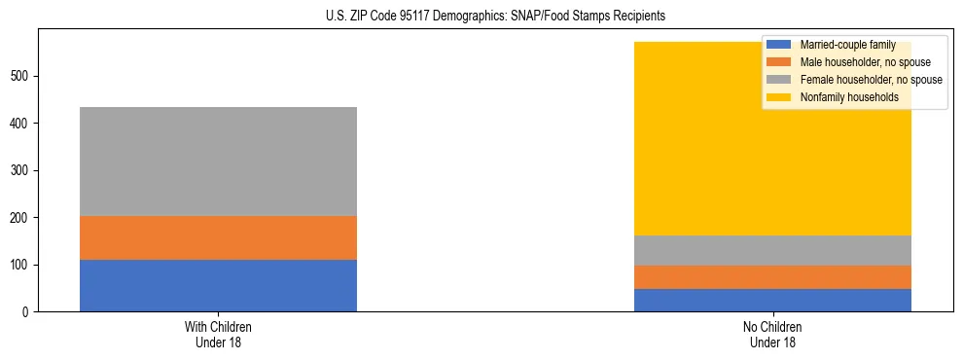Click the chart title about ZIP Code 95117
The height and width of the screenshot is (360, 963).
[481, 16]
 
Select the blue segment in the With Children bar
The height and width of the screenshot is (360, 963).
[218, 285]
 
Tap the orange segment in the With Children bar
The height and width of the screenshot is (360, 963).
[218, 237]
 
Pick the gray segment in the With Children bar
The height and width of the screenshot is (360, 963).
[218, 162]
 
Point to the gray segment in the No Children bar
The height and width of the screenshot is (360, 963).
[772, 250]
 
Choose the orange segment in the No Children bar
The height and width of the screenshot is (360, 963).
[772, 277]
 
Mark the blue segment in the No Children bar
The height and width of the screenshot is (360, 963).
[772, 300]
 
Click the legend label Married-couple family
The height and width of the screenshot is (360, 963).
[847, 45]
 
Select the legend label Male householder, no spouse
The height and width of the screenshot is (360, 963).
[860, 62]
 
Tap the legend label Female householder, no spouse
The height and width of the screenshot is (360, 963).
[871, 80]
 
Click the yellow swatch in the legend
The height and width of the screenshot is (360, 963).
[779, 97]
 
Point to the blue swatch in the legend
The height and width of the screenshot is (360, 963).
[779, 45]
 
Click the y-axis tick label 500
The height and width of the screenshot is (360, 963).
[21, 76]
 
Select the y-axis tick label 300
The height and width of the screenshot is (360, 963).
[21, 170]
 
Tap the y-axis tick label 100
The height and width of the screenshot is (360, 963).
[21, 265]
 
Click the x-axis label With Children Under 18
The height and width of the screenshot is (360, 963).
[218, 334]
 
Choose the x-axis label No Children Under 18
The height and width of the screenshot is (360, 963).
[772, 334]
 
